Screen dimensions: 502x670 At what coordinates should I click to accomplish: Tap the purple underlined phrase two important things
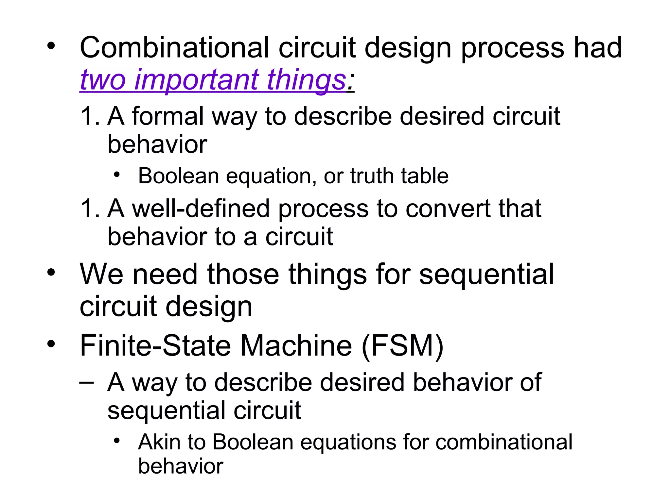(213, 80)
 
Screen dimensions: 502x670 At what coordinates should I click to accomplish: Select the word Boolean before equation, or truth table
(178, 176)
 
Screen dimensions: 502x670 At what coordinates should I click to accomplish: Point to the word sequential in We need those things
(486, 275)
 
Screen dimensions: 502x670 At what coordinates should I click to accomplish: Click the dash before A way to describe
(87, 383)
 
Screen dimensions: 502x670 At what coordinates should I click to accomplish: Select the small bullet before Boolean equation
(117, 175)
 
